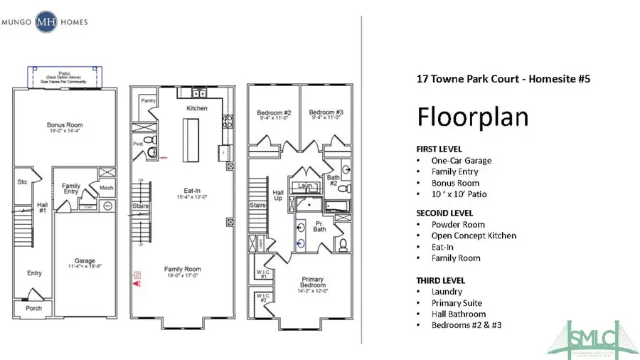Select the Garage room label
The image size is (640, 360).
tap(85, 261)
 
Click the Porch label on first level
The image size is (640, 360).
tap(33, 308)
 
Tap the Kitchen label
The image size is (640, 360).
tap(197, 108)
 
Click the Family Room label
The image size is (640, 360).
tap(183, 269)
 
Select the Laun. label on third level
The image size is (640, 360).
tap(306, 186)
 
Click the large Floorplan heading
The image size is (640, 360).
tap(472, 116)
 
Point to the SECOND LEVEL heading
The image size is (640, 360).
tap(444, 213)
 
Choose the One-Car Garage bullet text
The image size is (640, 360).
tap(461, 161)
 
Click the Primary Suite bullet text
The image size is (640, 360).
tap(456, 303)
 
